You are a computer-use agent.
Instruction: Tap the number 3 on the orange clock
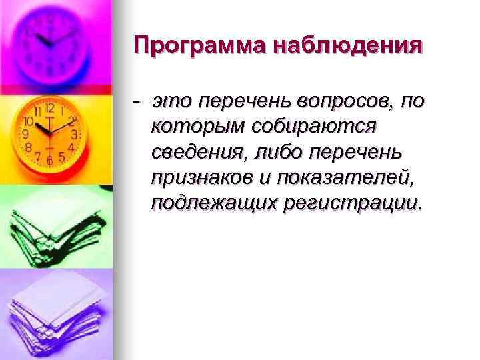point(75,134)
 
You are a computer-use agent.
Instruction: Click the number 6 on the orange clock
point(49,161)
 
